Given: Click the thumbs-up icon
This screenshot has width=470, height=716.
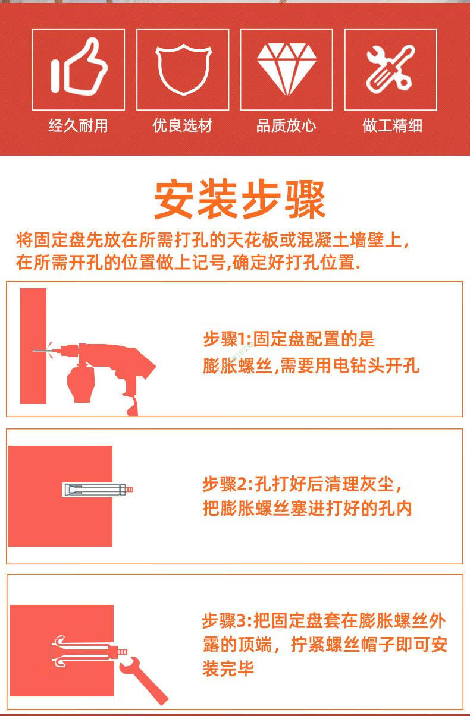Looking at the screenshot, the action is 79,67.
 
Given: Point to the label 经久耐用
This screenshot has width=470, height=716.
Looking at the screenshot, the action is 78,125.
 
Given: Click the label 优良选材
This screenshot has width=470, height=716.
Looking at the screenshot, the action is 183,125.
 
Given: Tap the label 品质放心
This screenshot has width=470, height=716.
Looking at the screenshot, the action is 286,125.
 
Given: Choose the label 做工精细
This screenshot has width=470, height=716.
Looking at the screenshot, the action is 392,125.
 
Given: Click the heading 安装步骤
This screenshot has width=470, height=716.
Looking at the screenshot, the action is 240,199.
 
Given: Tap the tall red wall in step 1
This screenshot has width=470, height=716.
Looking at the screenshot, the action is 33,346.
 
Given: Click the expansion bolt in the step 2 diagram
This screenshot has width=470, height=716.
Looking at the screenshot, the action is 98,490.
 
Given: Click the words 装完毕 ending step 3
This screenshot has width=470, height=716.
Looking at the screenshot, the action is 228,668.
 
